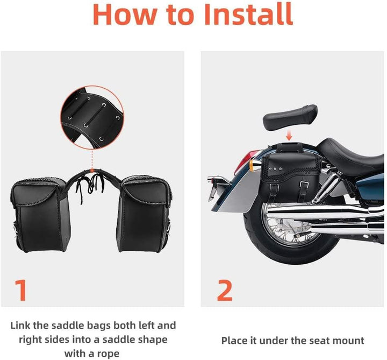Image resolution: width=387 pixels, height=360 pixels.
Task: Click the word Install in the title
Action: pos(248,14)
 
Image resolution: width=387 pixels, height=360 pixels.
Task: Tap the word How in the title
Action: pos(125,15)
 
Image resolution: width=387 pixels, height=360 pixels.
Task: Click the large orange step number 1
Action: pos(21,290)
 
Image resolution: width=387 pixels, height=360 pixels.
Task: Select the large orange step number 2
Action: pos(225,290)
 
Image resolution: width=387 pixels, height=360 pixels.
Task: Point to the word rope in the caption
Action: pos(108,354)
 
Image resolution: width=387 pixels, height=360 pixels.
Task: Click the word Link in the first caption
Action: pos(20,325)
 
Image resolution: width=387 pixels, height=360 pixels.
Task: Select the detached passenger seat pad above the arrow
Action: pos(290,117)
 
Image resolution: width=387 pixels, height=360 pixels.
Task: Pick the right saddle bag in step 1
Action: pos(144,214)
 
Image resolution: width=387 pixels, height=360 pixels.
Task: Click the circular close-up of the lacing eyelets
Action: pos(92,117)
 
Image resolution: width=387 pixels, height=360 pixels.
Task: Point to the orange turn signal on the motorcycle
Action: pos(254,165)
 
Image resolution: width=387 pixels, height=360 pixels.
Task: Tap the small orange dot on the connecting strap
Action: pos(92,171)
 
